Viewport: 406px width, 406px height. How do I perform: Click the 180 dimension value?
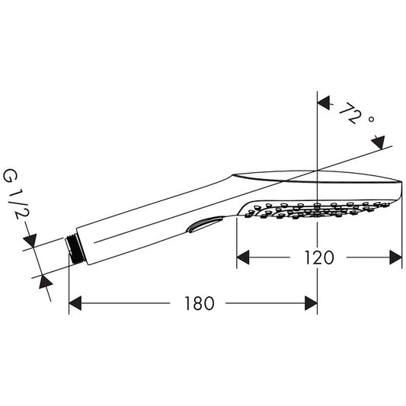coord(198,304)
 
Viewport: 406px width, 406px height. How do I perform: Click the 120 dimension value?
coord(319,257)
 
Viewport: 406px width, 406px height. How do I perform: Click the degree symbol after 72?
coord(371,120)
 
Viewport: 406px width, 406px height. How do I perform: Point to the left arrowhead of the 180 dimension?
coord(75,304)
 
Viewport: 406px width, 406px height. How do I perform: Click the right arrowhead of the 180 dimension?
coord(311,304)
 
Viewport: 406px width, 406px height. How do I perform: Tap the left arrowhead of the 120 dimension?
coord(243,257)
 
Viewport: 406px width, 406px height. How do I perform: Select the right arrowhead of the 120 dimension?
coord(395,257)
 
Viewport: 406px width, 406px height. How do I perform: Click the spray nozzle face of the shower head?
coord(320,207)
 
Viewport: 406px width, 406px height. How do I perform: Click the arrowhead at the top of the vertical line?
coord(322,102)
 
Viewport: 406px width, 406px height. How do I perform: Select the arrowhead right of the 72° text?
coord(377,142)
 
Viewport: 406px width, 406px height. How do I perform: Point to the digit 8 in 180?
coord(198,304)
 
